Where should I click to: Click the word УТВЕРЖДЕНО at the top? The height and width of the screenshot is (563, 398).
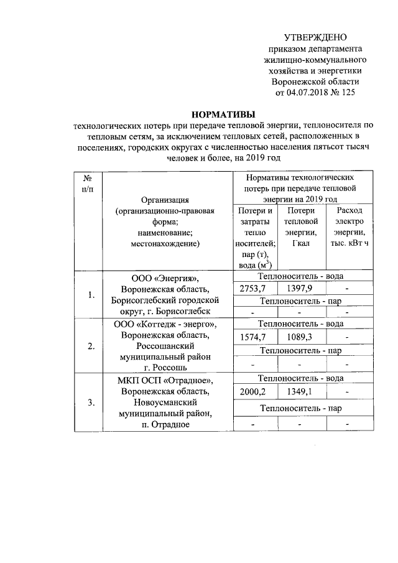tap(315, 38)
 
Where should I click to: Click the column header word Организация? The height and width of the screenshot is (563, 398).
tap(165, 200)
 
